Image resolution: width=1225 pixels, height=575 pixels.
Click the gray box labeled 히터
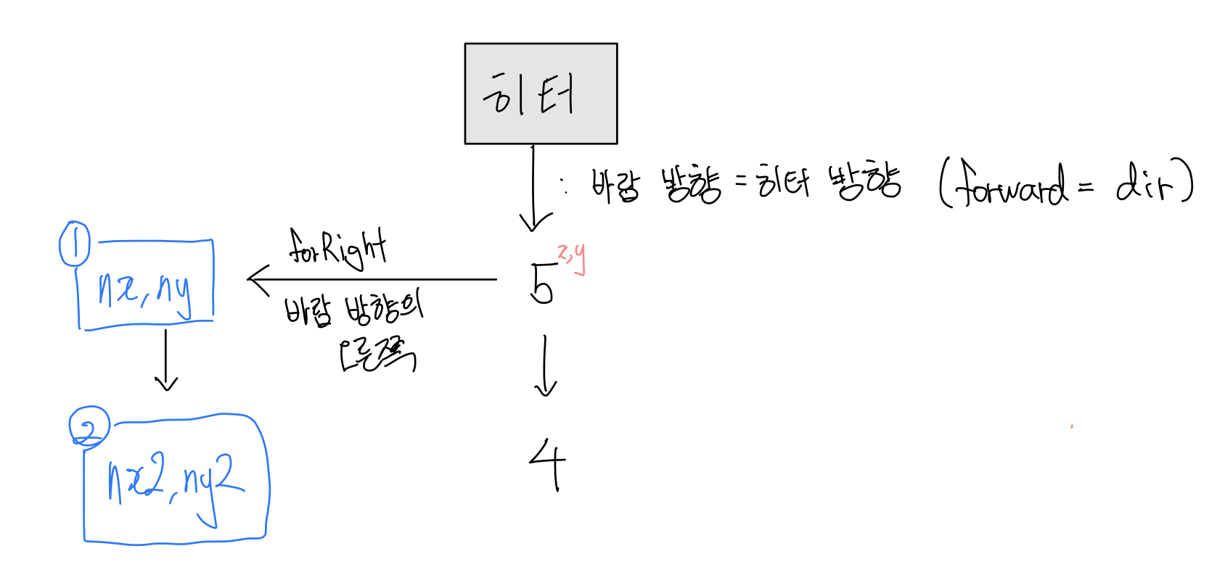point(541,94)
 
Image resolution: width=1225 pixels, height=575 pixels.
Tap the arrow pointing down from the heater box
point(533,189)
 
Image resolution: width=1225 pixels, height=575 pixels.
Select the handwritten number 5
point(542,284)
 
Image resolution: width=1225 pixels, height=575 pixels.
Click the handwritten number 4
point(548,464)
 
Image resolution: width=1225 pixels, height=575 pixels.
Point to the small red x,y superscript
point(571,257)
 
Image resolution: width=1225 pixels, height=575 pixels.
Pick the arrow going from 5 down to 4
point(545,366)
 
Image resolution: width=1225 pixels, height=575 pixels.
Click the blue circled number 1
point(74,244)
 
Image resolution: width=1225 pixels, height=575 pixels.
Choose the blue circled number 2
point(89,427)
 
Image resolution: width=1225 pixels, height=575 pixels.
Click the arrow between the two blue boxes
point(166,360)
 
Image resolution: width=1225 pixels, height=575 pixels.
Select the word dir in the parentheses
point(1144,183)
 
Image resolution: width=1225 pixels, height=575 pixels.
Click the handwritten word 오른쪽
point(377,355)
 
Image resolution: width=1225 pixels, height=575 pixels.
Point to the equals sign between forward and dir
point(1085,189)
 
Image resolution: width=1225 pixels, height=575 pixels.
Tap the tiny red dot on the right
point(1072,427)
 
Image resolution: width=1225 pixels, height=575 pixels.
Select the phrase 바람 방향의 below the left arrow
point(353,310)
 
